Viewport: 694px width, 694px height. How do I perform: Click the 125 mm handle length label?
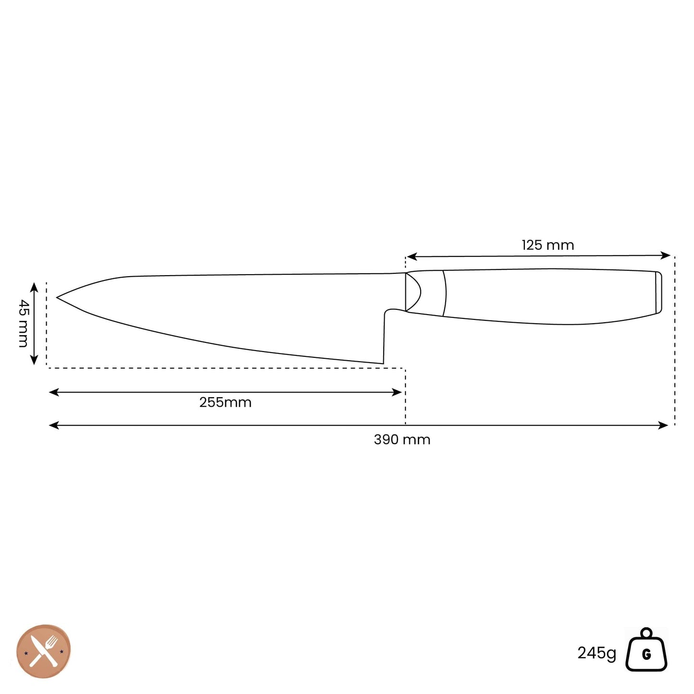coord(548,245)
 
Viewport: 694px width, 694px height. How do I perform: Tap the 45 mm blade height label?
coord(23,323)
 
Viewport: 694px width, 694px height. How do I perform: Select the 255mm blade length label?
coord(225,402)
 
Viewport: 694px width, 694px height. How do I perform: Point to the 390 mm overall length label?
coord(402,440)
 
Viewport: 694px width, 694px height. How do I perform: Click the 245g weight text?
coord(597,653)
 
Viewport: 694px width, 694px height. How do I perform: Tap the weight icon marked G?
coord(646,651)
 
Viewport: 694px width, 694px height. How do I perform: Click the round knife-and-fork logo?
coord(44,651)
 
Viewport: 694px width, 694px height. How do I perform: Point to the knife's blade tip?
coord(58,298)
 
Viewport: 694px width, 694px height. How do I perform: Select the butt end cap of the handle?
coord(658,292)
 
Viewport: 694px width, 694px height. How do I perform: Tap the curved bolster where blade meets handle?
coord(413,292)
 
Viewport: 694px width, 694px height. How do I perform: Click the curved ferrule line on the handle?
coord(445,293)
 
